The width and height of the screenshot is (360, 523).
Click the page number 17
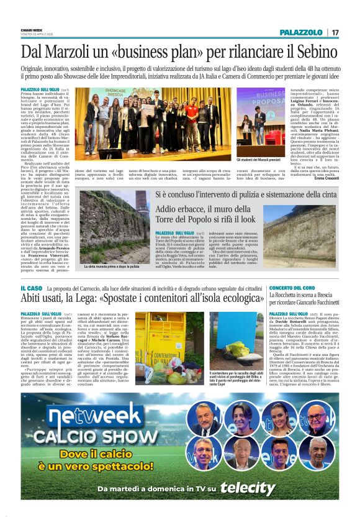click(x=335, y=32)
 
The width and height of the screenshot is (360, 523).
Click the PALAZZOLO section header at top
click(x=300, y=32)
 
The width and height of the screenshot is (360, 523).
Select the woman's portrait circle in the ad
click(x=279, y=418)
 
